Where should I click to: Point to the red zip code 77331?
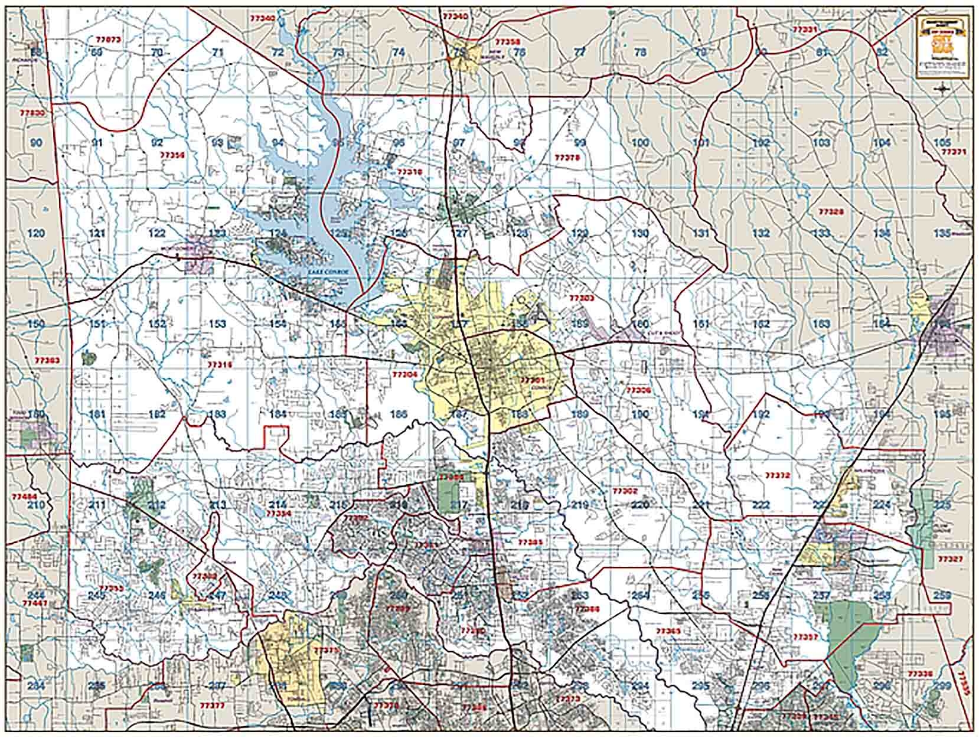pyautogui.click(x=805, y=29)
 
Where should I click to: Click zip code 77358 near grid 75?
pyautogui.click(x=508, y=42)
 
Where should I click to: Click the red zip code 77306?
pyautogui.click(x=638, y=390)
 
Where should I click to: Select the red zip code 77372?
pyautogui.click(x=776, y=475)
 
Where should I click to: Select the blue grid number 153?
pyautogui.click(x=217, y=324)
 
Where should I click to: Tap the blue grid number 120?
pyautogui.click(x=36, y=233)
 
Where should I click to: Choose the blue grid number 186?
pyautogui.click(x=399, y=414)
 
